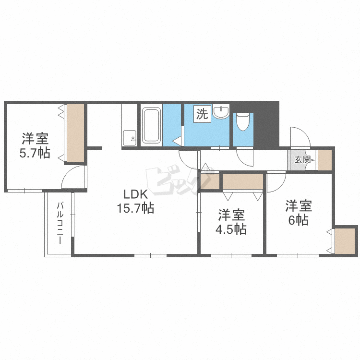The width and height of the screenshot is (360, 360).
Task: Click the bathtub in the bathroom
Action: [x=151, y=125]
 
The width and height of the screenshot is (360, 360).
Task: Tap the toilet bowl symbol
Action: [x=243, y=122]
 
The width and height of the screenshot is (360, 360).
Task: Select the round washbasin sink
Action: [x=221, y=111]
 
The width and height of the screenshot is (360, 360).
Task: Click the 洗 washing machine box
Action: [x=202, y=114]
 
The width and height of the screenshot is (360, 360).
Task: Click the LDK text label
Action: [x=135, y=194]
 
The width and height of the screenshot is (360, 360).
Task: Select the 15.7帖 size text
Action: [x=135, y=208]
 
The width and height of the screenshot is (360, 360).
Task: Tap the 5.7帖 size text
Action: [x=35, y=153]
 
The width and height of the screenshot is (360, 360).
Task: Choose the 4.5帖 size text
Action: [x=231, y=229]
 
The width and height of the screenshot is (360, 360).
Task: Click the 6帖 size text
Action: [x=299, y=220]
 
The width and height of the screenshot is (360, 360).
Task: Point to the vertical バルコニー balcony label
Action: [x=60, y=223]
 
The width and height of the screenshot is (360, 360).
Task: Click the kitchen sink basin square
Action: [x=130, y=138]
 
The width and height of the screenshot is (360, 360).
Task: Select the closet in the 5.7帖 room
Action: [x=75, y=133]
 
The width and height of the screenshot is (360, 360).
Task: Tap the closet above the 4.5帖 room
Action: [x=243, y=181]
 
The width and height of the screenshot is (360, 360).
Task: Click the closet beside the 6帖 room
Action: [x=345, y=241]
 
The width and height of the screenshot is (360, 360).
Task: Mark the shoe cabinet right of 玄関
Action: [x=325, y=160]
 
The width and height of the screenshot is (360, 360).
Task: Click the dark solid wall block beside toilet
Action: [x=266, y=125]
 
